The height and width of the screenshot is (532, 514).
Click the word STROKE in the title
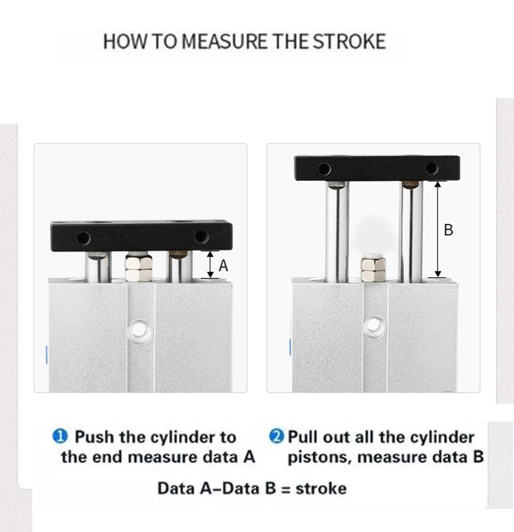click(349, 41)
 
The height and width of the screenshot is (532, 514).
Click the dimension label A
click(223, 266)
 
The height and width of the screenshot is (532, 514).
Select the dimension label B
click(448, 230)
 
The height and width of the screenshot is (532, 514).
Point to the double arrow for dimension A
click(211, 264)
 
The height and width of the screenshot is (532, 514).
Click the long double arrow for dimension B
click(438, 229)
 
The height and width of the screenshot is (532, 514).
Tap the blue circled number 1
click(60, 436)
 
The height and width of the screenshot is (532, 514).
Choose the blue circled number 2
click(276, 436)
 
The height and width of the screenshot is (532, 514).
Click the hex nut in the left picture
click(139, 268)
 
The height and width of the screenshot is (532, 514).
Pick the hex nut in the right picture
click(373, 269)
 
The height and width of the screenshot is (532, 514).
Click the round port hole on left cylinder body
click(139, 329)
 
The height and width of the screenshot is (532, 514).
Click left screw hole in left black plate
click(84, 238)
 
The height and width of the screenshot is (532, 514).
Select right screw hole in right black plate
click(432, 168)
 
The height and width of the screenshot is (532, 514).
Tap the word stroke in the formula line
click(321, 489)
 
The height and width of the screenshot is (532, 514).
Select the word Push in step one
click(94, 436)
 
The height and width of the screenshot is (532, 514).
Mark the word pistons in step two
click(320, 458)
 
